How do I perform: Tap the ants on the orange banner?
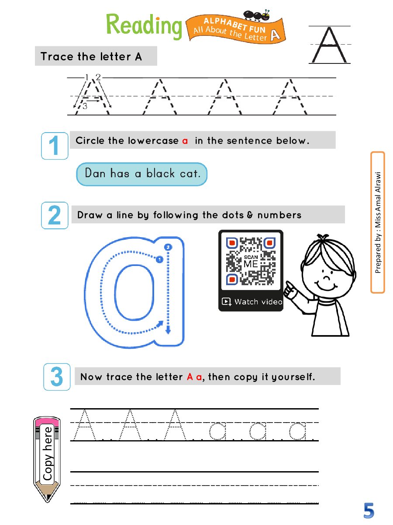(x=257, y=15)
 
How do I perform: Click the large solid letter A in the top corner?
(x=329, y=45)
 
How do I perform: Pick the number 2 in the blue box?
(x=55, y=215)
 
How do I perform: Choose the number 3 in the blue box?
(x=57, y=377)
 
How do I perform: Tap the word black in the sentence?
(x=160, y=173)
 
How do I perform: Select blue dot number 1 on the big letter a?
(x=159, y=259)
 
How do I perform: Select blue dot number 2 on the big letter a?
(x=168, y=247)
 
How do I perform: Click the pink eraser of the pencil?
(x=47, y=422)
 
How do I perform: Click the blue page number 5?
(x=369, y=511)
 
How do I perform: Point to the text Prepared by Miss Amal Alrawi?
(x=377, y=222)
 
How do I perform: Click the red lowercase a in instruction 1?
(x=185, y=141)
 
